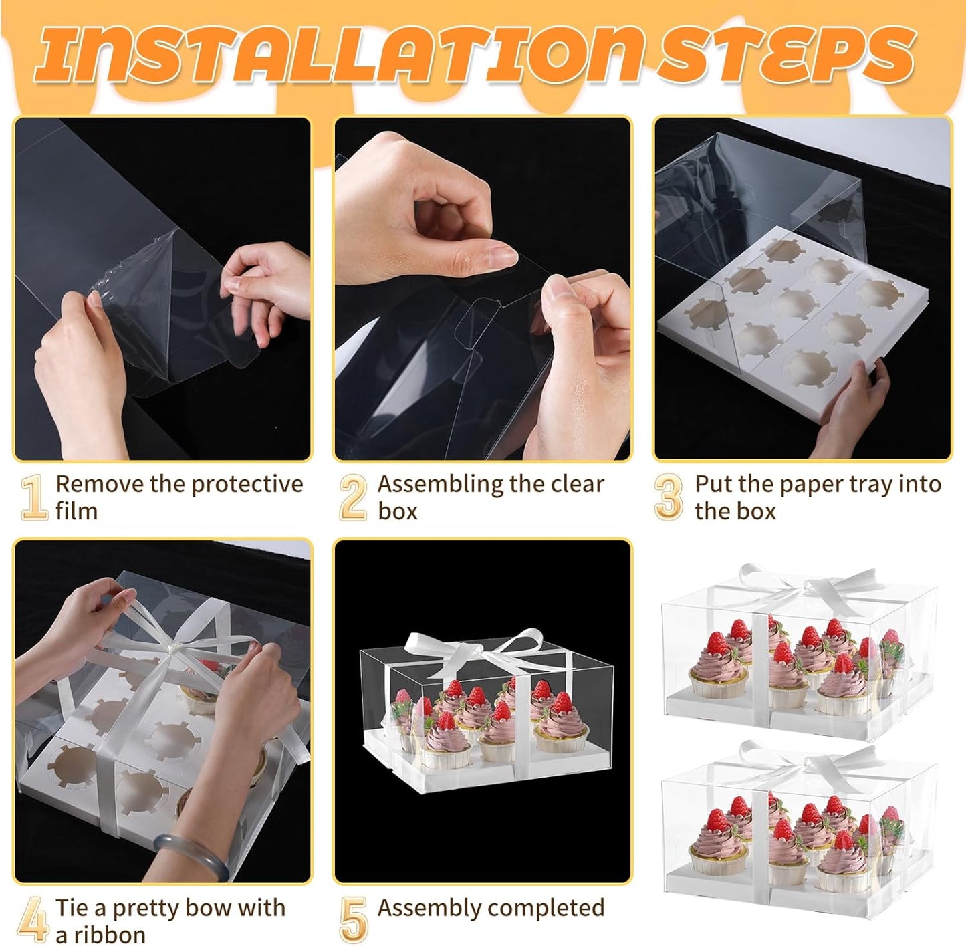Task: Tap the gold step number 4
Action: [x=33, y=919]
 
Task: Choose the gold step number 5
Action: [x=354, y=919]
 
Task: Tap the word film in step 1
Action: [x=76, y=512]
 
